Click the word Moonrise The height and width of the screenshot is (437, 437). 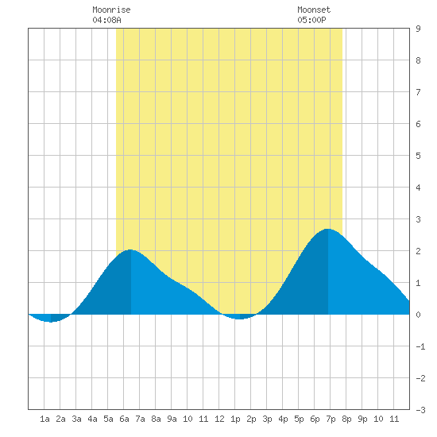point(111,10)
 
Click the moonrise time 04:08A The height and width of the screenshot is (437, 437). point(106,20)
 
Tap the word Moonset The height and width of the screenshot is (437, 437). point(314,10)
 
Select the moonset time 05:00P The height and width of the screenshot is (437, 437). point(311,20)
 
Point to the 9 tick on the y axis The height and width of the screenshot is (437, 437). point(418,29)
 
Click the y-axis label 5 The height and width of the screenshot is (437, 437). point(418,156)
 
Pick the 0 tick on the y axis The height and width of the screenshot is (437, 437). point(418,315)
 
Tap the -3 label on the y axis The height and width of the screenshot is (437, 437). point(420,410)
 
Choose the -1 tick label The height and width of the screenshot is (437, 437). point(420,346)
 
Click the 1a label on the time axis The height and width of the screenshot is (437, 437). point(44,419)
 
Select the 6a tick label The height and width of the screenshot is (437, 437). point(124,419)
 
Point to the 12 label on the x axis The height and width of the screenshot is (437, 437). point(219,419)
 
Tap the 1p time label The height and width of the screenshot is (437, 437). point(235,419)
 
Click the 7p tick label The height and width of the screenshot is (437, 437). point(331,419)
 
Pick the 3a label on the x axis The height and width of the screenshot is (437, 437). point(76,419)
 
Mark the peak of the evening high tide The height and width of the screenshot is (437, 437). point(328,229)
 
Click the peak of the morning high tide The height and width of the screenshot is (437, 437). point(130,249)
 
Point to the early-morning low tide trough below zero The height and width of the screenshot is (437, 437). point(51,322)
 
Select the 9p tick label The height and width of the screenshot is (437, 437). point(362,419)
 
